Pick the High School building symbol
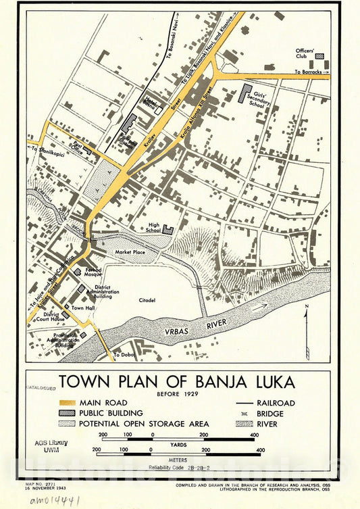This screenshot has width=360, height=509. (168, 231)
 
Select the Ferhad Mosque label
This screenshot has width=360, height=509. (93, 272)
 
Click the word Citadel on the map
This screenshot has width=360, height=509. (148, 299)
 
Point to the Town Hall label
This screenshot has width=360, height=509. (83, 308)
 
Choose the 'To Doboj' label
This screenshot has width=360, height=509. (124, 355)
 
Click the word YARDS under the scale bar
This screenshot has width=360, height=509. (178, 445)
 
